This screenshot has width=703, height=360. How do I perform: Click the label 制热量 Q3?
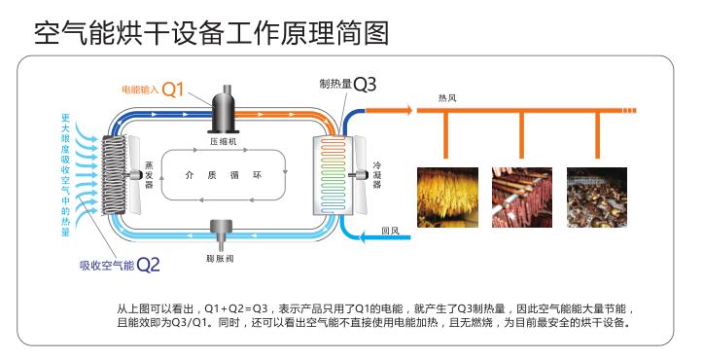(x=347, y=85)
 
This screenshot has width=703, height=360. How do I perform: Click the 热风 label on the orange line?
(x=448, y=97)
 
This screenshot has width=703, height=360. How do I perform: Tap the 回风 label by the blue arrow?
(x=392, y=231)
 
